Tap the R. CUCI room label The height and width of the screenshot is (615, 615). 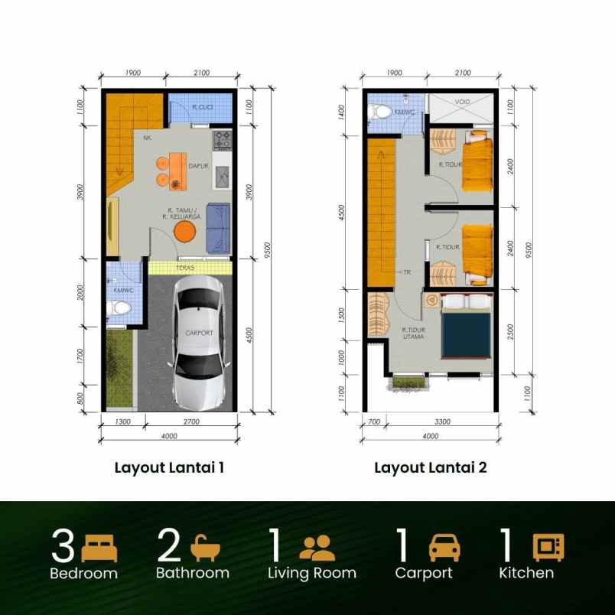click(x=202, y=108)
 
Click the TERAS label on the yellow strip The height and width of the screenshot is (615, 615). click(x=184, y=268)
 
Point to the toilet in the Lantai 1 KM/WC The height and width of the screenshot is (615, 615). click(x=119, y=310)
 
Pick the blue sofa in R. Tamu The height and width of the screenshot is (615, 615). click(x=218, y=227)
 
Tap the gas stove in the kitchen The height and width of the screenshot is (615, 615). click(x=222, y=140)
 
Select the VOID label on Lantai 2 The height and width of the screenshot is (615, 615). click(x=462, y=101)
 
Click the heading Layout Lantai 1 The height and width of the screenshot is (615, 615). click(x=169, y=467)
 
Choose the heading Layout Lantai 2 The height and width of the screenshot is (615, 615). click(x=430, y=467)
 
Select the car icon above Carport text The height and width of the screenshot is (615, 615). click(x=444, y=548)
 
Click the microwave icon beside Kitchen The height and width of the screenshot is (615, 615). click(x=548, y=548)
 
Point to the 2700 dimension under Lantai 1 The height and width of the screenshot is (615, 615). click(x=190, y=421)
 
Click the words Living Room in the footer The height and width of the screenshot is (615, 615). click(x=312, y=573)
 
